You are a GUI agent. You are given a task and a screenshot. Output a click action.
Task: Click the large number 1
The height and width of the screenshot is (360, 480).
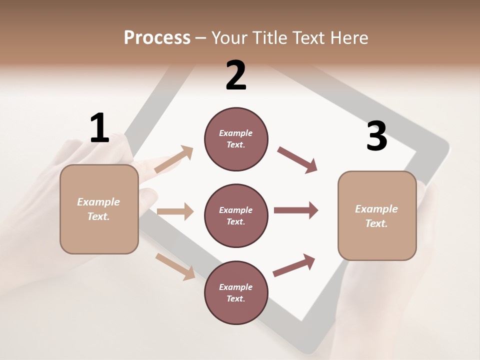click(x=99, y=128)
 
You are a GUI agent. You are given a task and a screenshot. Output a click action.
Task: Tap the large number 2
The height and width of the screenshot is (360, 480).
click(x=236, y=75)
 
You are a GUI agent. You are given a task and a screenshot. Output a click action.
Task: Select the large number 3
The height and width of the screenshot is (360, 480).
click(x=376, y=136)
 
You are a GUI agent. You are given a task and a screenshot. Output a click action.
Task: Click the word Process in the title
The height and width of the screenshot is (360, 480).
click(x=157, y=37)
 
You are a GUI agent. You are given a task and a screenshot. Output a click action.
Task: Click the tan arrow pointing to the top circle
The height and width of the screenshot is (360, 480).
click(x=174, y=159)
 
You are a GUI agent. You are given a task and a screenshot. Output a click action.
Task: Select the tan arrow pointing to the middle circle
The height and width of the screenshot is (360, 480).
click(x=175, y=211)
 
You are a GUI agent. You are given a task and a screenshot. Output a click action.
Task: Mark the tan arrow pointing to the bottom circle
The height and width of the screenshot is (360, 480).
click(x=175, y=266)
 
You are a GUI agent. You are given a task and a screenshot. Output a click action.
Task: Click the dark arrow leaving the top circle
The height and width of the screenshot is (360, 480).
click(x=297, y=160)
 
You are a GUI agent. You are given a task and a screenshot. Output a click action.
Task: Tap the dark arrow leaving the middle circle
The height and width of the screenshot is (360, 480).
click(x=296, y=210)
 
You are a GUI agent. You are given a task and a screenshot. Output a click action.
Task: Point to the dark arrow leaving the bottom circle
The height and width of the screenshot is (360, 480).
click(x=294, y=265)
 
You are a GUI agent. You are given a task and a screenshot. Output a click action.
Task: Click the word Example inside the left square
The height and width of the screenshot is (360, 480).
click(x=98, y=202)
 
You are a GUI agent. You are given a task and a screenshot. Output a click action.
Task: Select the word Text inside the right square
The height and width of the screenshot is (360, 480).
click(x=375, y=223)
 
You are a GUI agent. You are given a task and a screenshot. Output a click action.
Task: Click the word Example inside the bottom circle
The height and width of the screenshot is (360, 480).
click(x=236, y=287)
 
